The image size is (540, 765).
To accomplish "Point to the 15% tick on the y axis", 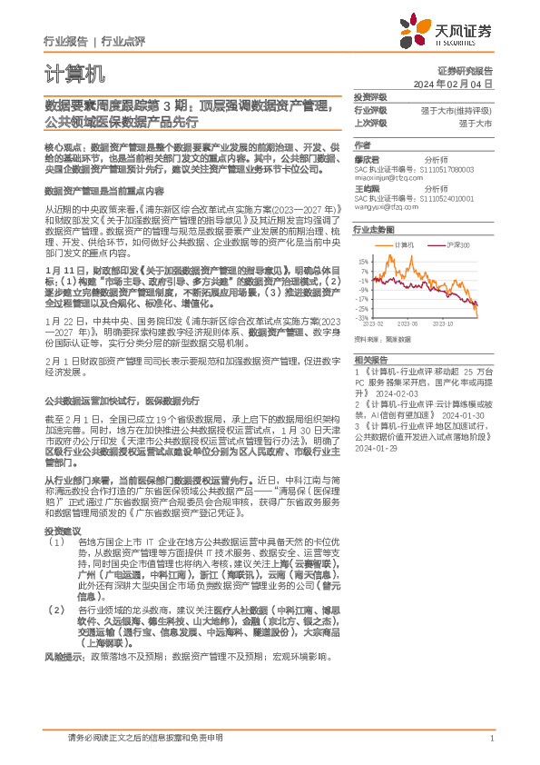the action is (363, 261).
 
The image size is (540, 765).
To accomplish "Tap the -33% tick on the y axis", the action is (363, 318).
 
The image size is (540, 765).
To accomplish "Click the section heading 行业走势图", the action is (374, 231).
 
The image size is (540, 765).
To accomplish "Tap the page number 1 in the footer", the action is (491, 739).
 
